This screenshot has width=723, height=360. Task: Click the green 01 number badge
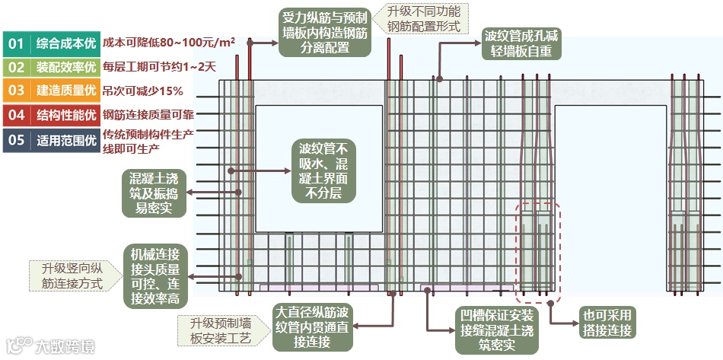click(15, 44)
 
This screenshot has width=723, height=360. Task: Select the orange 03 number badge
click(15, 91)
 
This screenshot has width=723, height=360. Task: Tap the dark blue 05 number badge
click(15, 139)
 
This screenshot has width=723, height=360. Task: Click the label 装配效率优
click(66, 68)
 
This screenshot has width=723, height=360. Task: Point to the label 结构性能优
click(66, 116)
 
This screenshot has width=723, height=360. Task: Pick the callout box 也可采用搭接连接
click(607, 323)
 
